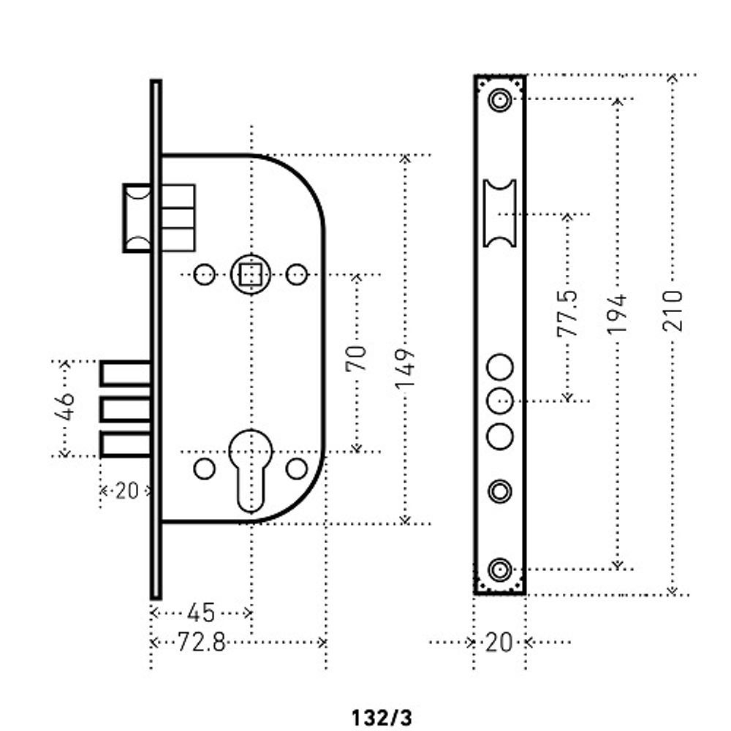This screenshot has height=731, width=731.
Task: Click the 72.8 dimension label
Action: click(201, 643)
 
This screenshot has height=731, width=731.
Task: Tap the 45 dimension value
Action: click(201, 613)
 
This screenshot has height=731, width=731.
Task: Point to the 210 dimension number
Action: click(673, 311)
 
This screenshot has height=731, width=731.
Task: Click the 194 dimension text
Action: click(618, 314)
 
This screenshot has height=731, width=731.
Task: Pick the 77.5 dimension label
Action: click(567, 313)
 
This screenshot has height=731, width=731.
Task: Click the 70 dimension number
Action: click(356, 358)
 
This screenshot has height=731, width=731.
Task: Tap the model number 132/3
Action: click(382, 717)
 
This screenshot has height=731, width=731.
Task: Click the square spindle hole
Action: click(251, 275)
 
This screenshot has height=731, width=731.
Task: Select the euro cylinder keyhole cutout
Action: click(251, 468)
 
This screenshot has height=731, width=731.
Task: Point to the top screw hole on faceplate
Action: click(500, 99)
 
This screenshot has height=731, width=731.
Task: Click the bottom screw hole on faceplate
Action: click(500, 568)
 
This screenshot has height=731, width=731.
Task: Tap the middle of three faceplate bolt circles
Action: click(500, 400)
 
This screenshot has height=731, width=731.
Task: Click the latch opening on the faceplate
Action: click(500, 213)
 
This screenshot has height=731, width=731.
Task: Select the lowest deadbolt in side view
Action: click(125, 444)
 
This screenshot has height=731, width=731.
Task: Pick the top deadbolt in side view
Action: click(125, 374)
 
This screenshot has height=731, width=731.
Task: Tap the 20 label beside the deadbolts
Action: click(126, 491)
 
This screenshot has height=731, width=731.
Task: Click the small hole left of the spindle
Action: click(205, 275)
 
